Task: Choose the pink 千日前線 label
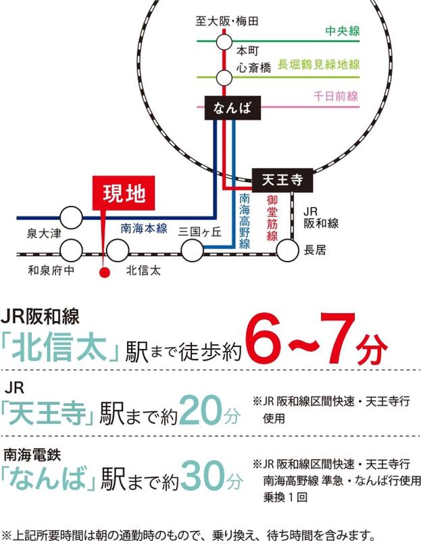pos(335,97)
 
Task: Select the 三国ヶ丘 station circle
pos(192,252)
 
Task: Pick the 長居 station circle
pos(287,251)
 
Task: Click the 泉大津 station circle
pos(71,218)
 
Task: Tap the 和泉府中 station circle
pos(71,252)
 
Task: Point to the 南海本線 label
pos(143,229)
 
